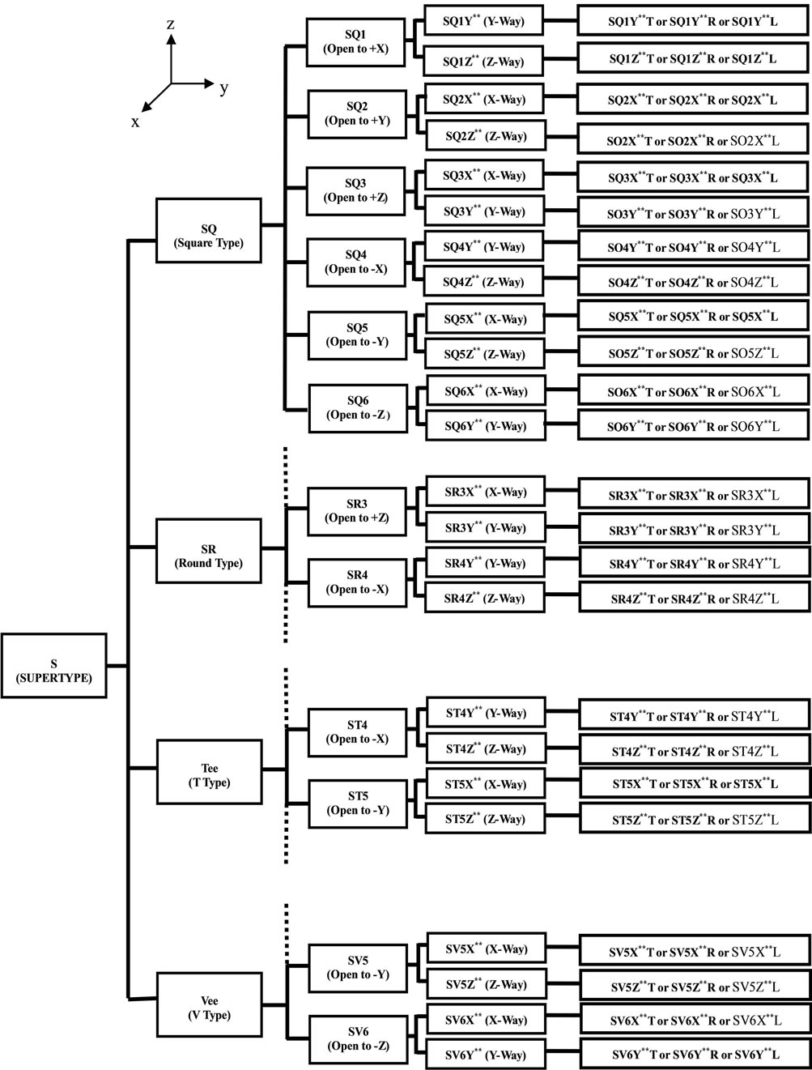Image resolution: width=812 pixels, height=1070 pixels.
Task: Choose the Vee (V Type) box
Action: (x=209, y=1007)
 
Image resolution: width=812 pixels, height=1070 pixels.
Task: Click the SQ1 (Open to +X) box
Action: (x=356, y=42)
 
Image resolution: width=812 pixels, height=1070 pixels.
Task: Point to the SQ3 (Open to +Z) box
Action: (x=356, y=191)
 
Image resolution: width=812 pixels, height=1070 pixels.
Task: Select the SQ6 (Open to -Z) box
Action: (x=357, y=407)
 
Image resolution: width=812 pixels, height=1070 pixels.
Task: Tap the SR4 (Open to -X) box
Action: (x=357, y=582)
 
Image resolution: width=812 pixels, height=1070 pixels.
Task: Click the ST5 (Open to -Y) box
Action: (x=357, y=803)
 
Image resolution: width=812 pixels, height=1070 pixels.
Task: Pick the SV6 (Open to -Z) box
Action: (x=358, y=1038)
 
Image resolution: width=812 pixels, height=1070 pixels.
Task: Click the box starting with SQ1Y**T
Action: (x=692, y=22)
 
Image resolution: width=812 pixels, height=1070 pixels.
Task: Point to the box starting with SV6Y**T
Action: (x=694, y=1055)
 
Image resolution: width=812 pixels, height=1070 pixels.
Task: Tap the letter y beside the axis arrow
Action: (x=223, y=88)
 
